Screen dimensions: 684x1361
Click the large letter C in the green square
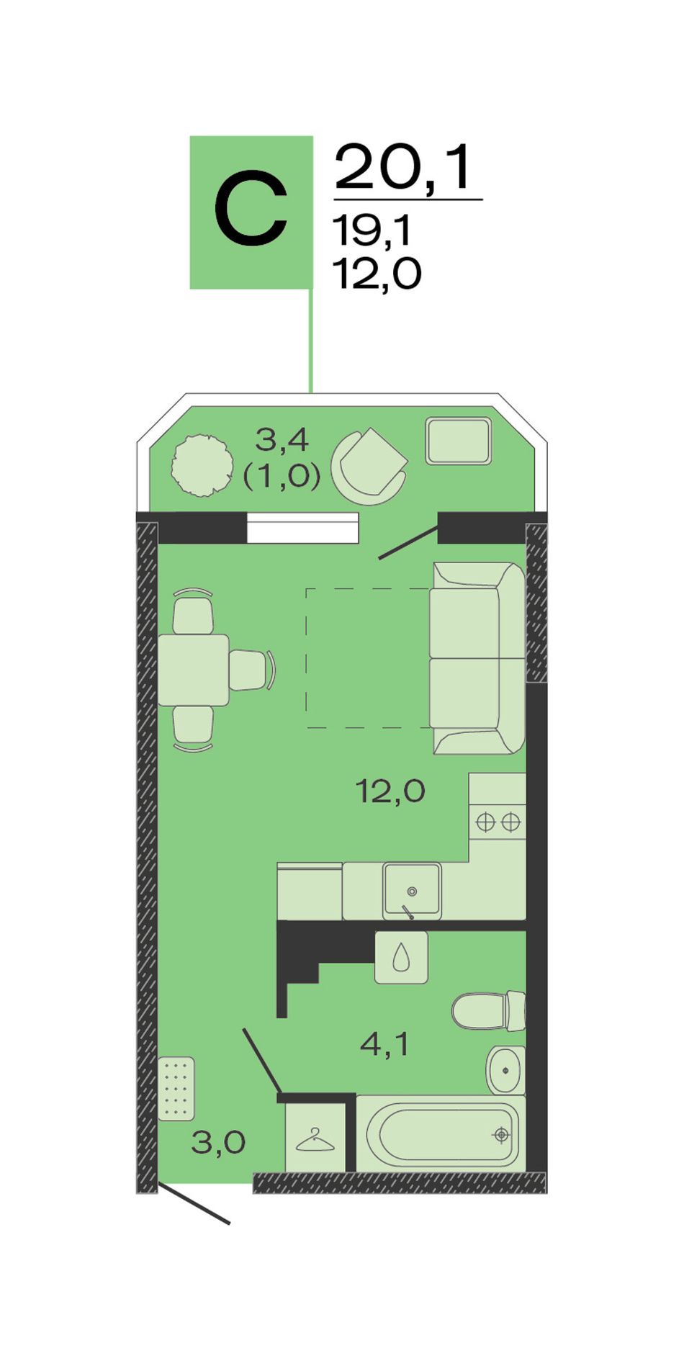251,210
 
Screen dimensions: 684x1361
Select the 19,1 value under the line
372,231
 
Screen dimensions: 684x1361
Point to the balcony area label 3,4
282,439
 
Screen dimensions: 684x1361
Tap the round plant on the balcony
202,465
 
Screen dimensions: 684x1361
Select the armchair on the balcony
369,467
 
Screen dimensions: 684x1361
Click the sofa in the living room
477,658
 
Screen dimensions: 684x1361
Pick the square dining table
193,670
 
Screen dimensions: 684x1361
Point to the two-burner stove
498,822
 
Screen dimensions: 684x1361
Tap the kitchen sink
412,889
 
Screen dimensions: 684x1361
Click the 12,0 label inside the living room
390,792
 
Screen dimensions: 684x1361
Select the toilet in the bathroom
489,1011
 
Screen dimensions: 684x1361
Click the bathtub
441,1134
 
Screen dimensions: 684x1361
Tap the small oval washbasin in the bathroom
506,1070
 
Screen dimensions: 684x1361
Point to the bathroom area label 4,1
384,1043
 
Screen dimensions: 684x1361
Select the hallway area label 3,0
218,1142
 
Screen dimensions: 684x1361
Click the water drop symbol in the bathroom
401,958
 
